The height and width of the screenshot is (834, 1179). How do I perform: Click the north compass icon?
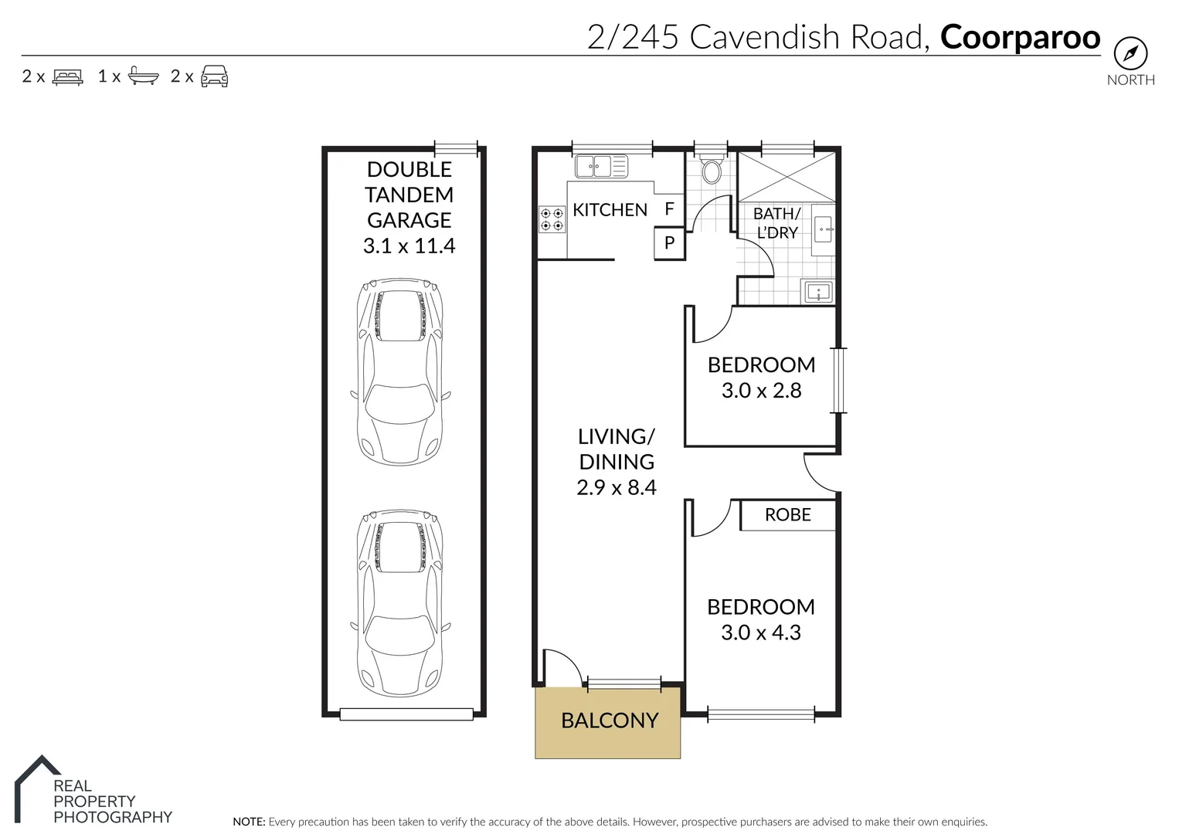click(1130, 53)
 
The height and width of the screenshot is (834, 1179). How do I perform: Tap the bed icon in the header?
click(67, 77)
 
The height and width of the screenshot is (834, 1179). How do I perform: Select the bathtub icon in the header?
click(143, 76)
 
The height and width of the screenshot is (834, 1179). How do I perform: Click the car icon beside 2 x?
click(214, 76)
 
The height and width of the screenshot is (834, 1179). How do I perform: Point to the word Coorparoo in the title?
click(1020, 37)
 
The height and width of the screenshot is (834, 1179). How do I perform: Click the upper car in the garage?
click(400, 372)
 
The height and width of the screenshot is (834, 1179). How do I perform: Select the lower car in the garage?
click(400, 603)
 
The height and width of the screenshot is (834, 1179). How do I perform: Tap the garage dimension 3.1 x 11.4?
click(409, 246)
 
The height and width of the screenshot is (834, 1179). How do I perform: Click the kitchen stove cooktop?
click(552, 219)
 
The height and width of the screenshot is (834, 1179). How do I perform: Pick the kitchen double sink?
click(601, 166)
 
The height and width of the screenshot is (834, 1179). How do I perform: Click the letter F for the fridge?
click(669, 208)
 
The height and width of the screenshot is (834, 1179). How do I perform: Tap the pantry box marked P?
click(669, 242)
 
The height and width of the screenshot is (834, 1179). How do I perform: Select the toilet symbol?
click(712, 171)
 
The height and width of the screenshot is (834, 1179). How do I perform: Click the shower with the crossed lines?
click(786, 177)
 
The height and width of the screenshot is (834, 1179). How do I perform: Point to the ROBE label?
click(787, 515)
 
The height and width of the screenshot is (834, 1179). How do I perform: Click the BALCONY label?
click(609, 720)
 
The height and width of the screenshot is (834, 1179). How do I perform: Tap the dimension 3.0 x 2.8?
click(761, 391)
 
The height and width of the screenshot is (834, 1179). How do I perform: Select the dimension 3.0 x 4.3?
click(760, 632)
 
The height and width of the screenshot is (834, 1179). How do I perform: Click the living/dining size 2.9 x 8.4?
click(616, 488)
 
